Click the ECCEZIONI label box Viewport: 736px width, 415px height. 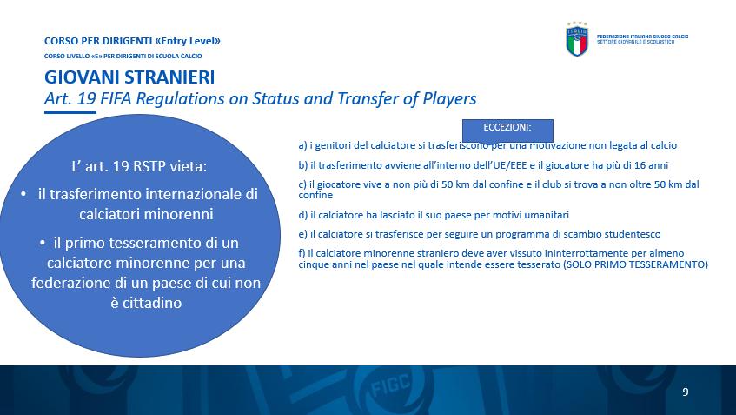[x=507, y=131]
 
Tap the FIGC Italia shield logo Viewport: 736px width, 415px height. [x=577, y=39]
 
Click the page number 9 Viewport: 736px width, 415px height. [x=686, y=392]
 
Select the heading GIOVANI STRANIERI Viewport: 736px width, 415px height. [x=129, y=77]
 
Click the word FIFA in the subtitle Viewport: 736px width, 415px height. [x=116, y=98]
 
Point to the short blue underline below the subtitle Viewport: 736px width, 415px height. [x=70, y=112]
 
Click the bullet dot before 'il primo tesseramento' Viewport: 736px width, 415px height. [x=43, y=243]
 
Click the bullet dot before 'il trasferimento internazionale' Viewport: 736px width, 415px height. [x=23, y=194]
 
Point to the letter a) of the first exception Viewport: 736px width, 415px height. [x=302, y=145]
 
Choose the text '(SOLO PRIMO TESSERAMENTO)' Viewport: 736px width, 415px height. [x=635, y=264]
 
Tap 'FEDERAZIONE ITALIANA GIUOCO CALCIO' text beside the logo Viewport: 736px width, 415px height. [x=642, y=37]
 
